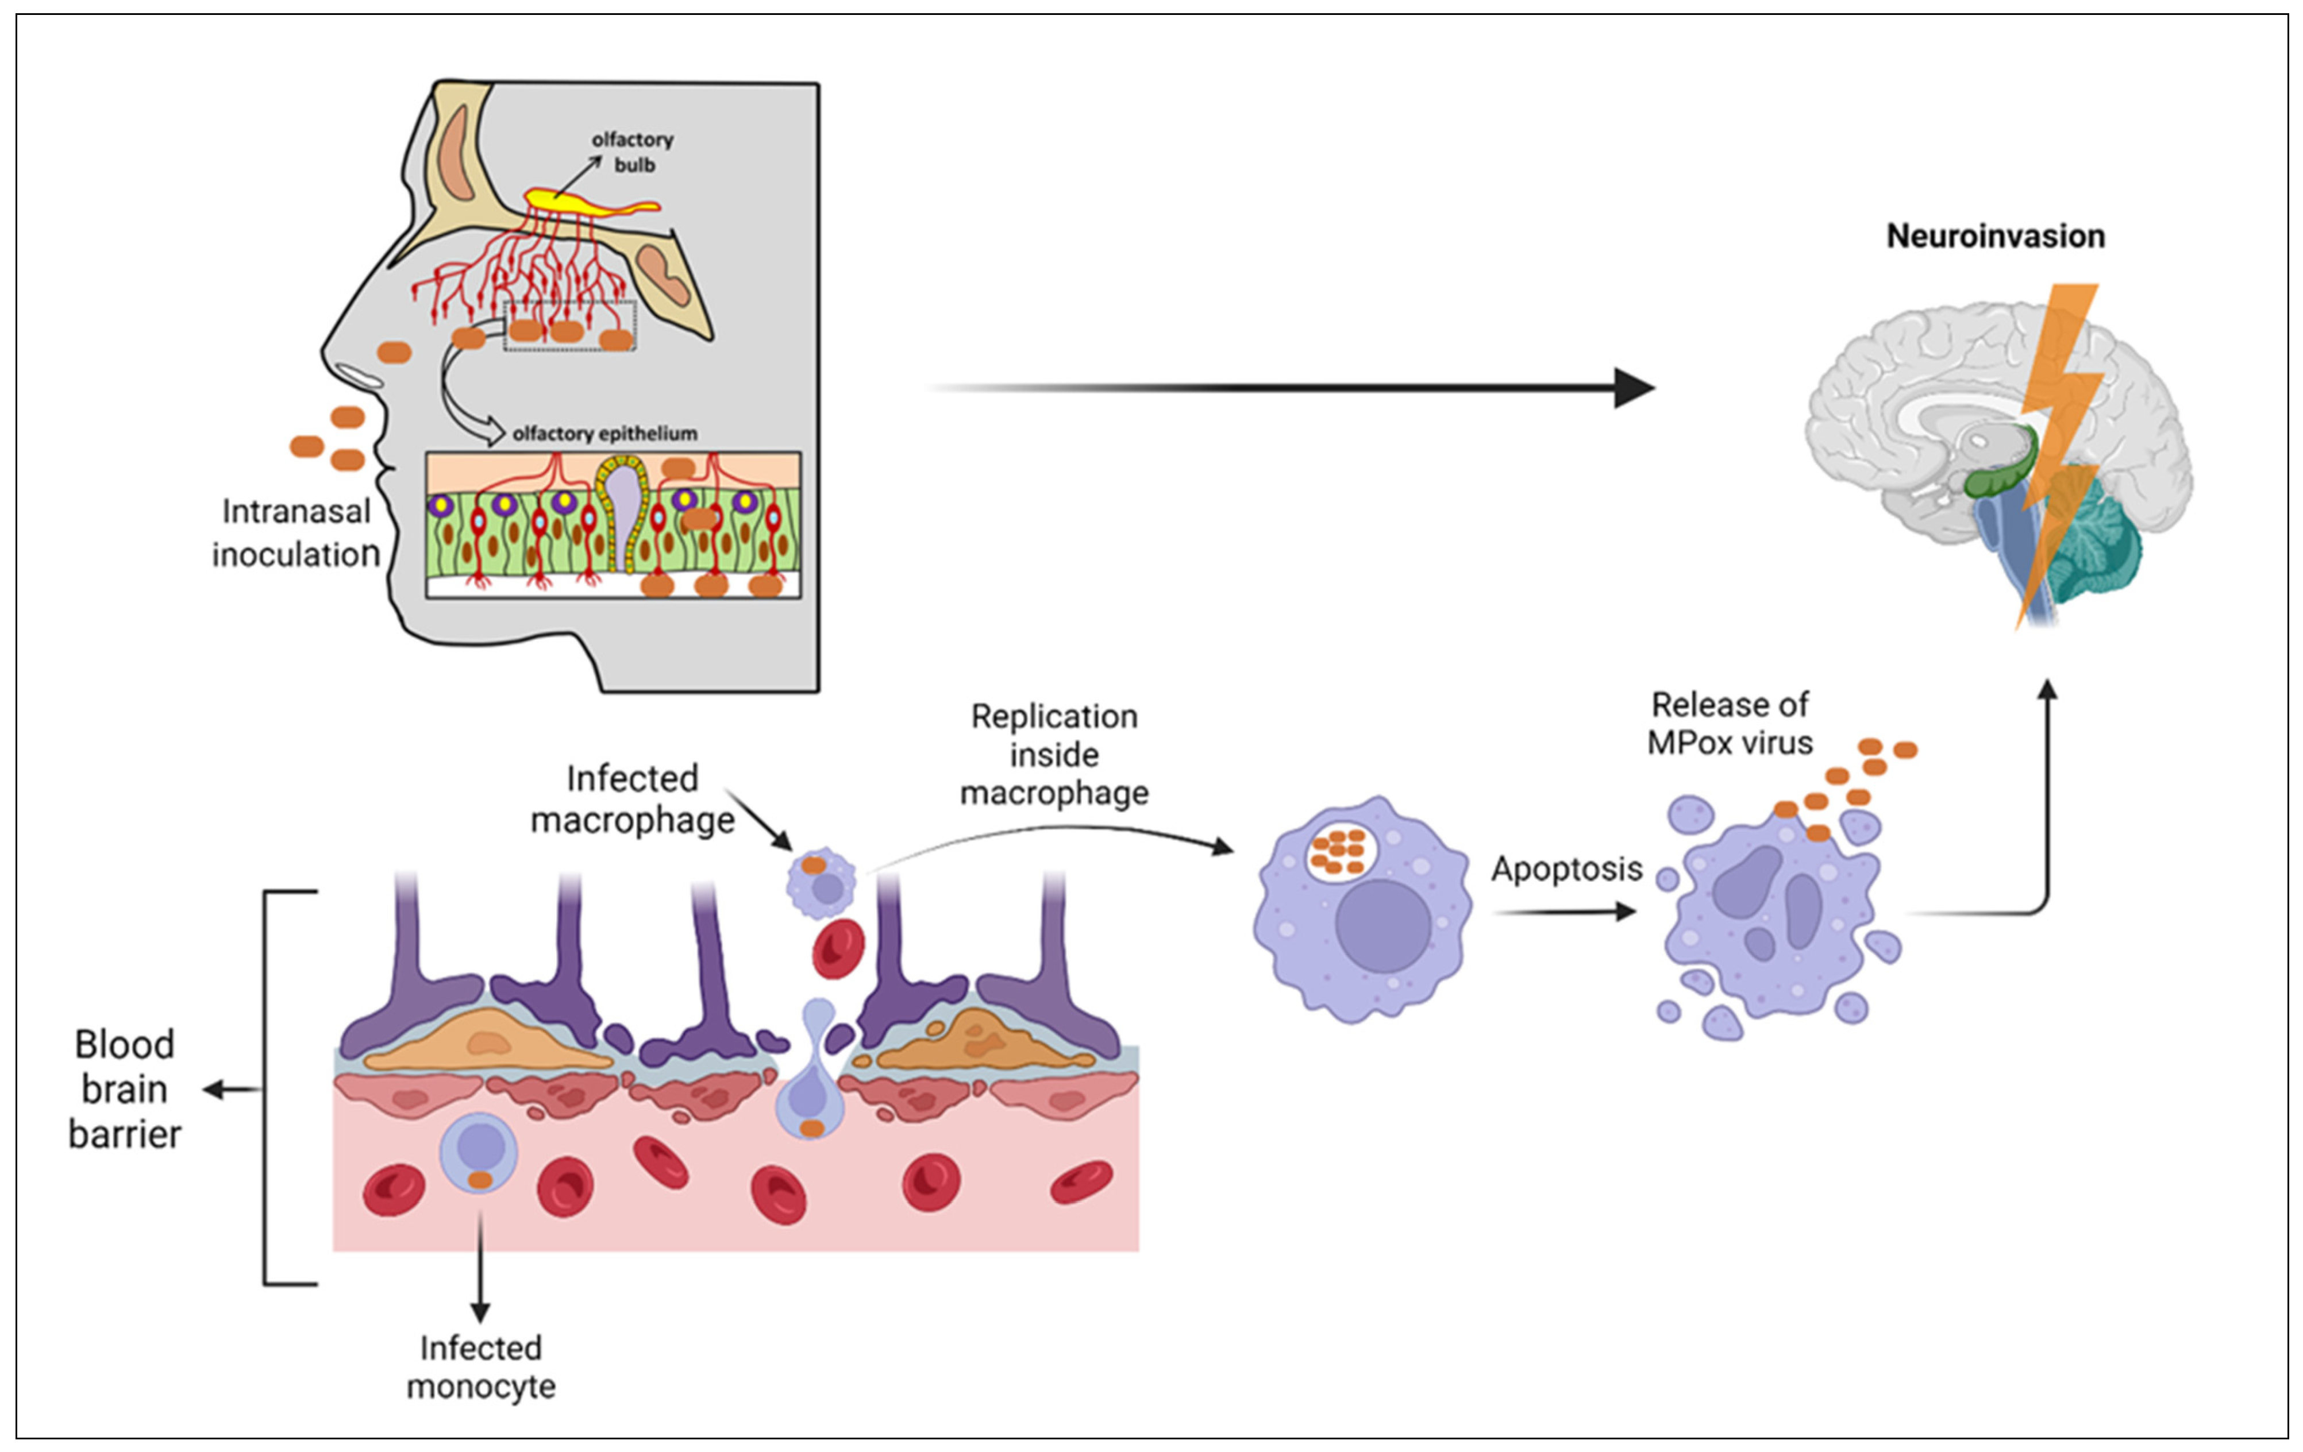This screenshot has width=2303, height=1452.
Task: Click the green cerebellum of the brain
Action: point(2094,545)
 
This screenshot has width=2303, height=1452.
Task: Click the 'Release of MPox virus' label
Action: point(1729,724)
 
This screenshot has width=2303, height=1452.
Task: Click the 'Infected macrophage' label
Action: point(632,799)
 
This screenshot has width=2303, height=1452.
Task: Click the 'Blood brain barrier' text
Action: point(124,1089)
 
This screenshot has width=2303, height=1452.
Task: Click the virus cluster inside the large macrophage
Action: point(1339,851)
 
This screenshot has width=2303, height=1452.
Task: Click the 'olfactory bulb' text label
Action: point(633,152)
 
